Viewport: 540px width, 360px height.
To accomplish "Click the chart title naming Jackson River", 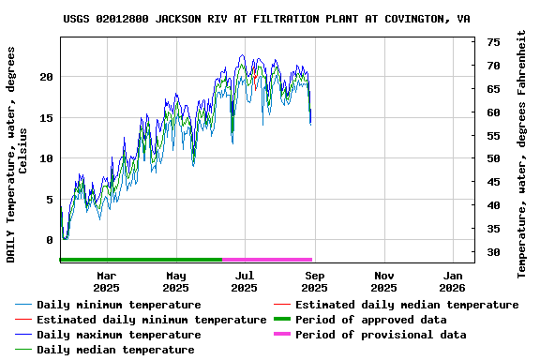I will click(x=267, y=19).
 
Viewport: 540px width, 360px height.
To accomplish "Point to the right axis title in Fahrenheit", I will click(x=522, y=152).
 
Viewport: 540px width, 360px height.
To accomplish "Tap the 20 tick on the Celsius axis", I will click(x=46, y=77).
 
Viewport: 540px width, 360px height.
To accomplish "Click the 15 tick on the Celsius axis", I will click(x=46, y=118).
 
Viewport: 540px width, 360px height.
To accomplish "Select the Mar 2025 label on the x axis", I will click(x=106, y=281).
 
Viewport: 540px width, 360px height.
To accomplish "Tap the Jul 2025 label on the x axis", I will click(x=245, y=281).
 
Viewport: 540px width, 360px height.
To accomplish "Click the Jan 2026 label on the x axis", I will click(x=453, y=281).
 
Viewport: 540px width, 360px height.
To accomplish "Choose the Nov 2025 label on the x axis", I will click(x=383, y=281).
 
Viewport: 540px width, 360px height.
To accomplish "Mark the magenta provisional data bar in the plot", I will click(x=267, y=260).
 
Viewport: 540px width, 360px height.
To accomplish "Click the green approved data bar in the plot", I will click(x=141, y=260).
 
